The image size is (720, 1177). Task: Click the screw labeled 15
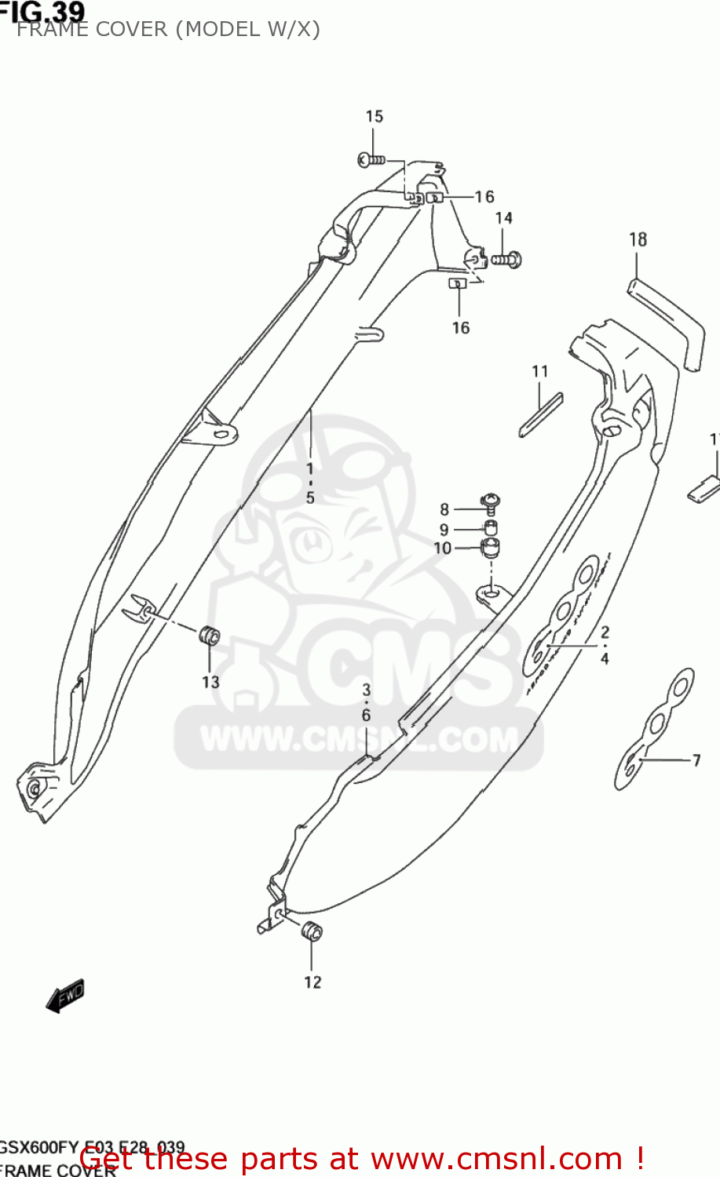(371, 160)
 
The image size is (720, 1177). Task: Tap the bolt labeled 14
(507, 258)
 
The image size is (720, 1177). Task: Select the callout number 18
(638, 239)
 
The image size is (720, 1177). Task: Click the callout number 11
(539, 371)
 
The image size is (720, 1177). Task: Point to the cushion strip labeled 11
(541, 414)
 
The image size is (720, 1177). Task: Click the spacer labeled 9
(490, 527)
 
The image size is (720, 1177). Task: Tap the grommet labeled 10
(491, 547)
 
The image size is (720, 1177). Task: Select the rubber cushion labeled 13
(210, 636)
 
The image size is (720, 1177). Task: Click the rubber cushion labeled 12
(312, 931)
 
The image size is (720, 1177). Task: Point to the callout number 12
(312, 982)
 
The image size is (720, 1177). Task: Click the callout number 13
(210, 682)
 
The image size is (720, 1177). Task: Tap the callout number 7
(696, 760)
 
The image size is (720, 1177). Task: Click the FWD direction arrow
(65, 997)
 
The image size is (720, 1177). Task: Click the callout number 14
(503, 218)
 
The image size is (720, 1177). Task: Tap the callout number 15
(374, 116)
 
